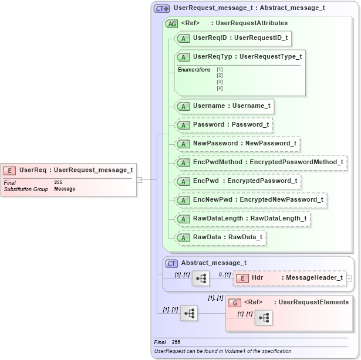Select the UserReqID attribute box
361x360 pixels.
(x=234, y=38)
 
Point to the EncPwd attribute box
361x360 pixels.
(x=238, y=181)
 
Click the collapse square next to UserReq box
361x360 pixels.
(x=140, y=180)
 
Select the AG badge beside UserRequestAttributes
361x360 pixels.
(x=171, y=24)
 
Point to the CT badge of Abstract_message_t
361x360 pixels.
(x=171, y=263)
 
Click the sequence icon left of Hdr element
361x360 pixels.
(x=201, y=278)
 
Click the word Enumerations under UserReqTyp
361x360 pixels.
(x=194, y=70)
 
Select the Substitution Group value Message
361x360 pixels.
(x=65, y=189)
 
